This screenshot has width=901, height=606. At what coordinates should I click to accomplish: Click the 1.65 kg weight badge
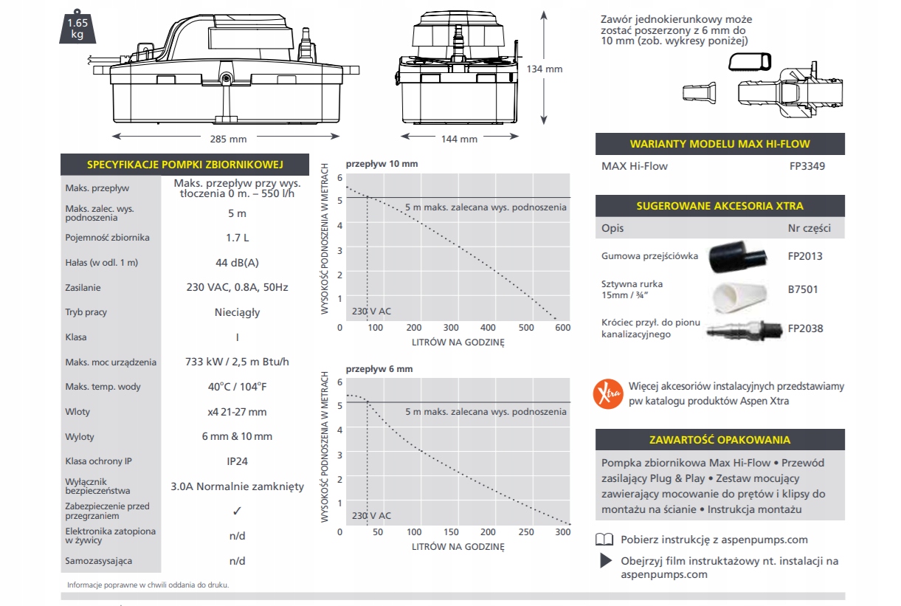77,27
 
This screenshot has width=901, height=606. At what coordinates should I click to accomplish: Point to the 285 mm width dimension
228,139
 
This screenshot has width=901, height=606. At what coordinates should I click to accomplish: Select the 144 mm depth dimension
459,139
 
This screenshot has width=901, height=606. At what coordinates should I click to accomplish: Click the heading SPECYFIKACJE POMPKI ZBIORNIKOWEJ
184,165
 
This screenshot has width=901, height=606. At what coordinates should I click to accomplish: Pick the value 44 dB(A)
237,263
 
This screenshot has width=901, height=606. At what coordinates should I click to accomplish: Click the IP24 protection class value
237,461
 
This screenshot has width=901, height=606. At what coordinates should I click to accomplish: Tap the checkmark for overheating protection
237,511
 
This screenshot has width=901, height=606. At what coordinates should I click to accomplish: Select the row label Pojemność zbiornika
108,238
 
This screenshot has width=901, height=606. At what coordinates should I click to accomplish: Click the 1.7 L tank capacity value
237,238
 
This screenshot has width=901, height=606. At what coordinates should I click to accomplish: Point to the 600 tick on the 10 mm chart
563,328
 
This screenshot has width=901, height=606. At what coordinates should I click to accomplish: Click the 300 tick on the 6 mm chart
563,532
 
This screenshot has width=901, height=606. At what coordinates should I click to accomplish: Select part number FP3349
807,166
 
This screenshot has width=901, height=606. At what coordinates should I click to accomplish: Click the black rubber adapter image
734,257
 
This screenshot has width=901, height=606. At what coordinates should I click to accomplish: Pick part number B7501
804,290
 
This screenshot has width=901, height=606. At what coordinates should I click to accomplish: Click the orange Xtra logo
608,393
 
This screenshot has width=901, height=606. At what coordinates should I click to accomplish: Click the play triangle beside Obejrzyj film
606,561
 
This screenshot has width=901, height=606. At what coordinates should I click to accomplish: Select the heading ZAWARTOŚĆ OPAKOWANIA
719,440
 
